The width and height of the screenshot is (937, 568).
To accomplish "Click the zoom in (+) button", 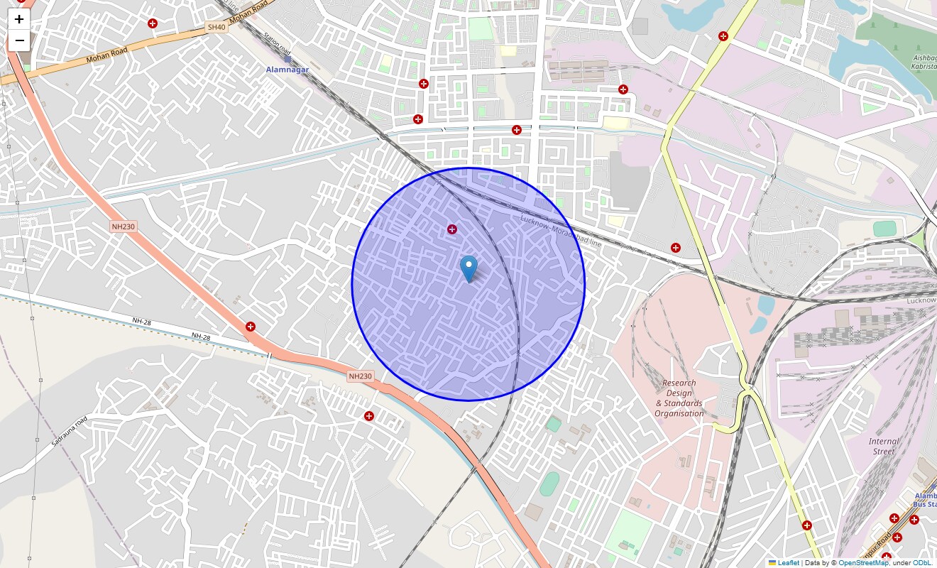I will pyautogui.click(x=19, y=19).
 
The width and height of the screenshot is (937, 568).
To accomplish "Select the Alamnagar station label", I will pyautogui.click(x=287, y=70).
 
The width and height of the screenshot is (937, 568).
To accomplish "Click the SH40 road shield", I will pyautogui.click(x=216, y=27).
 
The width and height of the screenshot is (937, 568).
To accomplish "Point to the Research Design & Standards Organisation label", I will pyautogui.click(x=679, y=398).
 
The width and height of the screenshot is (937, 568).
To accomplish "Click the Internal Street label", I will pyautogui.click(x=884, y=446).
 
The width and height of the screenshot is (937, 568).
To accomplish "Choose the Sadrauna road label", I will pyautogui.click(x=70, y=431).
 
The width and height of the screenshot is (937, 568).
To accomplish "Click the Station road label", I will pyautogui.click(x=277, y=44).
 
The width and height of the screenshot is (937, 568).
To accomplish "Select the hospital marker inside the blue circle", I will pyautogui.click(x=451, y=229).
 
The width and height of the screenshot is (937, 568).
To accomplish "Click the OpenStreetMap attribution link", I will pyautogui.click(x=863, y=563).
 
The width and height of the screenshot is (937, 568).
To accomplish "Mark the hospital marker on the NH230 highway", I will pyautogui.click(x=250, y=327).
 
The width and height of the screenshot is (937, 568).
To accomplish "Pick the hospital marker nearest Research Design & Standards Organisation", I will pyautogui.click(x=676, y=248).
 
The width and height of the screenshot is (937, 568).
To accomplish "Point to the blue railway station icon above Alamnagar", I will pyautogui.click(x=287, y=59).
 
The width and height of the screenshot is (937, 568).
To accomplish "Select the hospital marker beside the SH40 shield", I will pyautogui.click(x=152, y=23).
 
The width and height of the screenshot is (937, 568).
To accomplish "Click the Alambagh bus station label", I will pyautogui.click(x=924, y=500).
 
